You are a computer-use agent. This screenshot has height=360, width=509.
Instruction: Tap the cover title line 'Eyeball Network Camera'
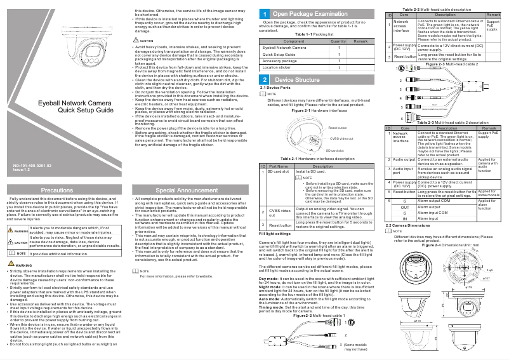tap(70, 102)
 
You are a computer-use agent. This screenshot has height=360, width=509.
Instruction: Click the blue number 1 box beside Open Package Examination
tap(265, 14)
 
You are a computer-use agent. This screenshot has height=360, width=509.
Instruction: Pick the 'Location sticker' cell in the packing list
tap(277, 67)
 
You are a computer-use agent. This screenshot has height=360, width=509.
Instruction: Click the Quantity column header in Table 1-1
tap(339, 41)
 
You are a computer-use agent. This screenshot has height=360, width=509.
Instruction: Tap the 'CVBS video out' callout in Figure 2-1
tap(342, 138)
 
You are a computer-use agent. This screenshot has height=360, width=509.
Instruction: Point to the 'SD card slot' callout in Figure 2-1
tap(334, 150)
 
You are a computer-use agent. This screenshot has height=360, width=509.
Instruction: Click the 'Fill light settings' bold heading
tap(275, 234)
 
